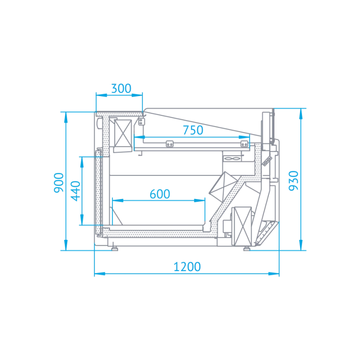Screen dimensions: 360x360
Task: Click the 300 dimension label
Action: pyautogui.click(x=121, y=88)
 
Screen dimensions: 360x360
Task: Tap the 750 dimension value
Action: pyautogui.click(x=193, y=130)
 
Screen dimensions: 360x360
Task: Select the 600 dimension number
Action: pyautogui.click(x=160, y=194)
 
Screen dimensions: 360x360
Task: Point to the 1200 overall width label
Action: pyautogui.click(x=187, y=267)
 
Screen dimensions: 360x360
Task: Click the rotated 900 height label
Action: pyautogui.click(x=59, y=183)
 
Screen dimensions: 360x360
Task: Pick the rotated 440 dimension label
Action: pyautogui.click(x=76, y=191)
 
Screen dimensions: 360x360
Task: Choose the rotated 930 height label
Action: pyautogui.click(x=293, y=181)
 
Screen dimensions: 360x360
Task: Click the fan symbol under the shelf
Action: pyautogui.click(x=232, y=159)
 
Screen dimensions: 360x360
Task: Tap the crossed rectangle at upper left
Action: pyautogui.click(x=123, y=133)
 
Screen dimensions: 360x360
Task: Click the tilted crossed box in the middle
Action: pyautogui.click(x=223, y=186)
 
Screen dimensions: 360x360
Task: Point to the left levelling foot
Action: pyautogui.click(x=114, y=248)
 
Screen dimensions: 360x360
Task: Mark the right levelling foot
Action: pyautogui.click(x=247, y=248)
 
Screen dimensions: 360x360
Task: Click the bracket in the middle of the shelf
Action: pyautogui.click(x=169, y=144)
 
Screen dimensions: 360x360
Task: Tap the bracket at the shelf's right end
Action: pyautogui.click(x=244, y=144)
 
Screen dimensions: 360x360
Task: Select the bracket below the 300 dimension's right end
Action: pyautogui.click(x=142, y=122)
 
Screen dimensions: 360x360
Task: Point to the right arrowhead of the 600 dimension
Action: pyautogui.click(x=200, y=200)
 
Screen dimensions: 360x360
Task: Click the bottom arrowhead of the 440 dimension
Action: pyautogui.click(x=82, y=220)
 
